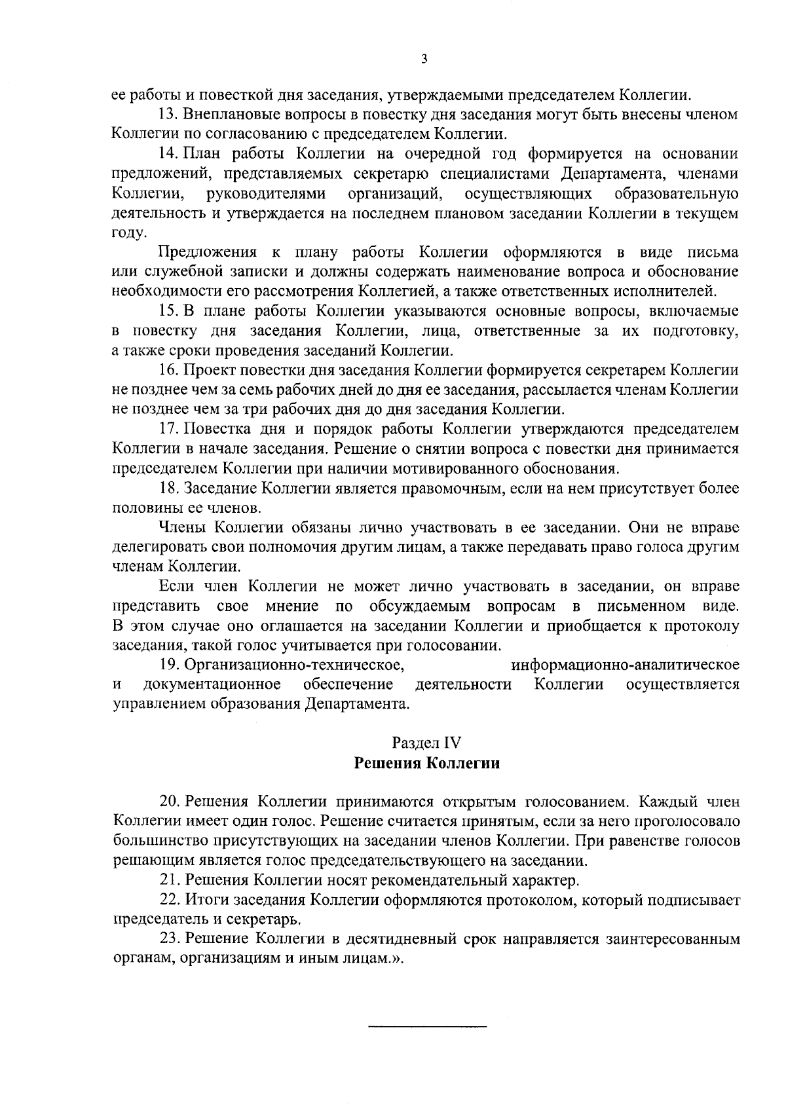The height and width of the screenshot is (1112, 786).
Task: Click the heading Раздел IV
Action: (426, 743)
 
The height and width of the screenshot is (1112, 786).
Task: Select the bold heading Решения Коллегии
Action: (426, 763)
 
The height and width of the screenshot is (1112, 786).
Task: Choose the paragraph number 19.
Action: (170, 665)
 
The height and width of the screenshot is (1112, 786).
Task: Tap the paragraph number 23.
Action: (170, 938)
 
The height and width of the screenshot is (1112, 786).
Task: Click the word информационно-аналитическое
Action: (625, 665)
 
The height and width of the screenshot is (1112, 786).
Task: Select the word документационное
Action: (213, 684)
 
